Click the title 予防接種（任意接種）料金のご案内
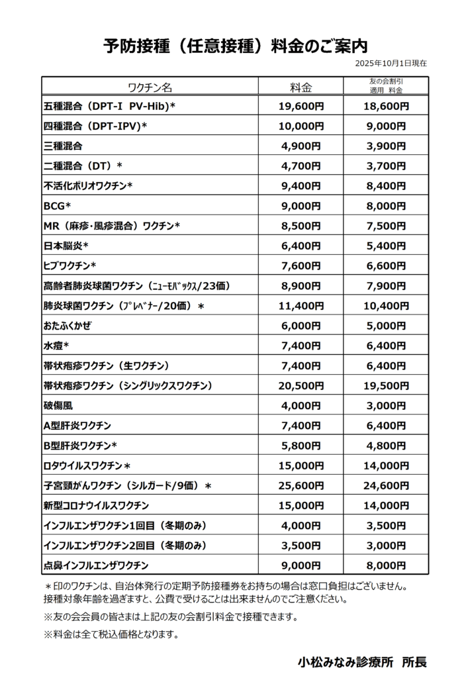click(x=235, y=46)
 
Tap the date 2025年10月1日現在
click(x=391, y=64)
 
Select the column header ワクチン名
click(x=150, y=87)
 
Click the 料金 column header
click(x=301, y=87)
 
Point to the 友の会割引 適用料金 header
click(x=386, y=86)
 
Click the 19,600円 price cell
click(x=301, y=105)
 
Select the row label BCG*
click(x=57, y=205)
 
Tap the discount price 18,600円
click(x=386, y=105)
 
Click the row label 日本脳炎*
click(x=66, y=246)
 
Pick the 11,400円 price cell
click(x=301, y=306)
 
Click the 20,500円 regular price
click(x=301, y=386)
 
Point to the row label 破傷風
click(x=58, y=406)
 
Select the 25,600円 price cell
click(x=301, y=486)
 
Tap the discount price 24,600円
click(x=386, y=486)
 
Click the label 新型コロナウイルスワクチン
click(x=96, y=506)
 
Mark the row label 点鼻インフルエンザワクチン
click(x=96, y=565)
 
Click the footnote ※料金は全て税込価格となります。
click(x=111, y=634)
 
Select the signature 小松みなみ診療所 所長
click(x=362, y=661)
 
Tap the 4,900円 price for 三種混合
click(x=301, y=146)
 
